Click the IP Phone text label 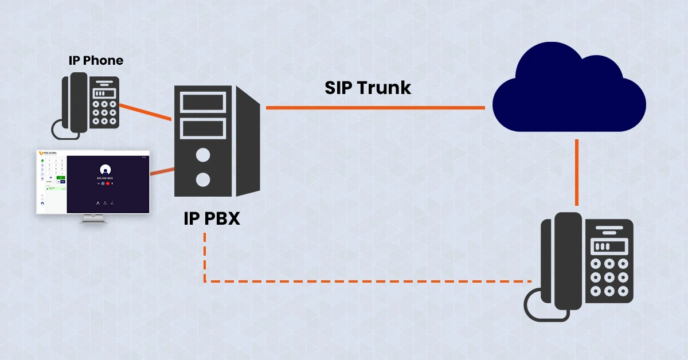tap(95, 60)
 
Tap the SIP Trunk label tap(368, 88)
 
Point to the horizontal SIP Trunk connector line tap(376, 107)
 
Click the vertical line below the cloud tap(577, 172)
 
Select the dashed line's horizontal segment tap(367, 281)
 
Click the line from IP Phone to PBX tap(146, 112)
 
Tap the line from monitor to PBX tap(162, 171)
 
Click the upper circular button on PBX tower tap(202, 155)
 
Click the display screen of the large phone tap(601, 246)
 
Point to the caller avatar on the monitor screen tap(105, 170)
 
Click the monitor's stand tap(93, 218)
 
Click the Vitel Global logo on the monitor tap(48, 154)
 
